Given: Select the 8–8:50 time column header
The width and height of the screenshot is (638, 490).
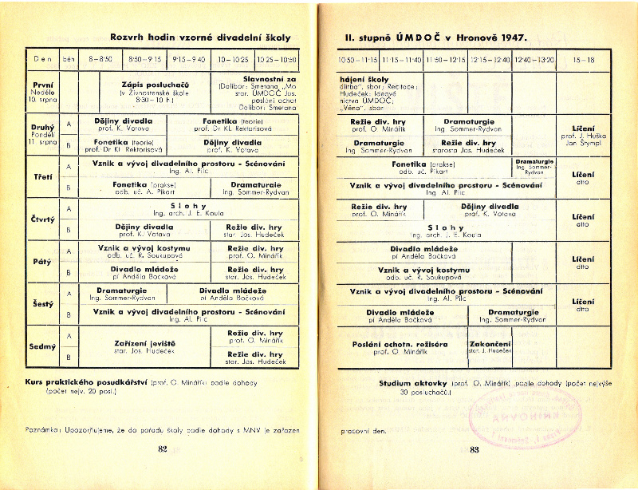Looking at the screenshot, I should [101, 59].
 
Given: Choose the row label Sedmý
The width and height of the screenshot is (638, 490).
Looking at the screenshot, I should [42, 347].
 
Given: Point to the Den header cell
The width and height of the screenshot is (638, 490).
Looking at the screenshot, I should [42, 59].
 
